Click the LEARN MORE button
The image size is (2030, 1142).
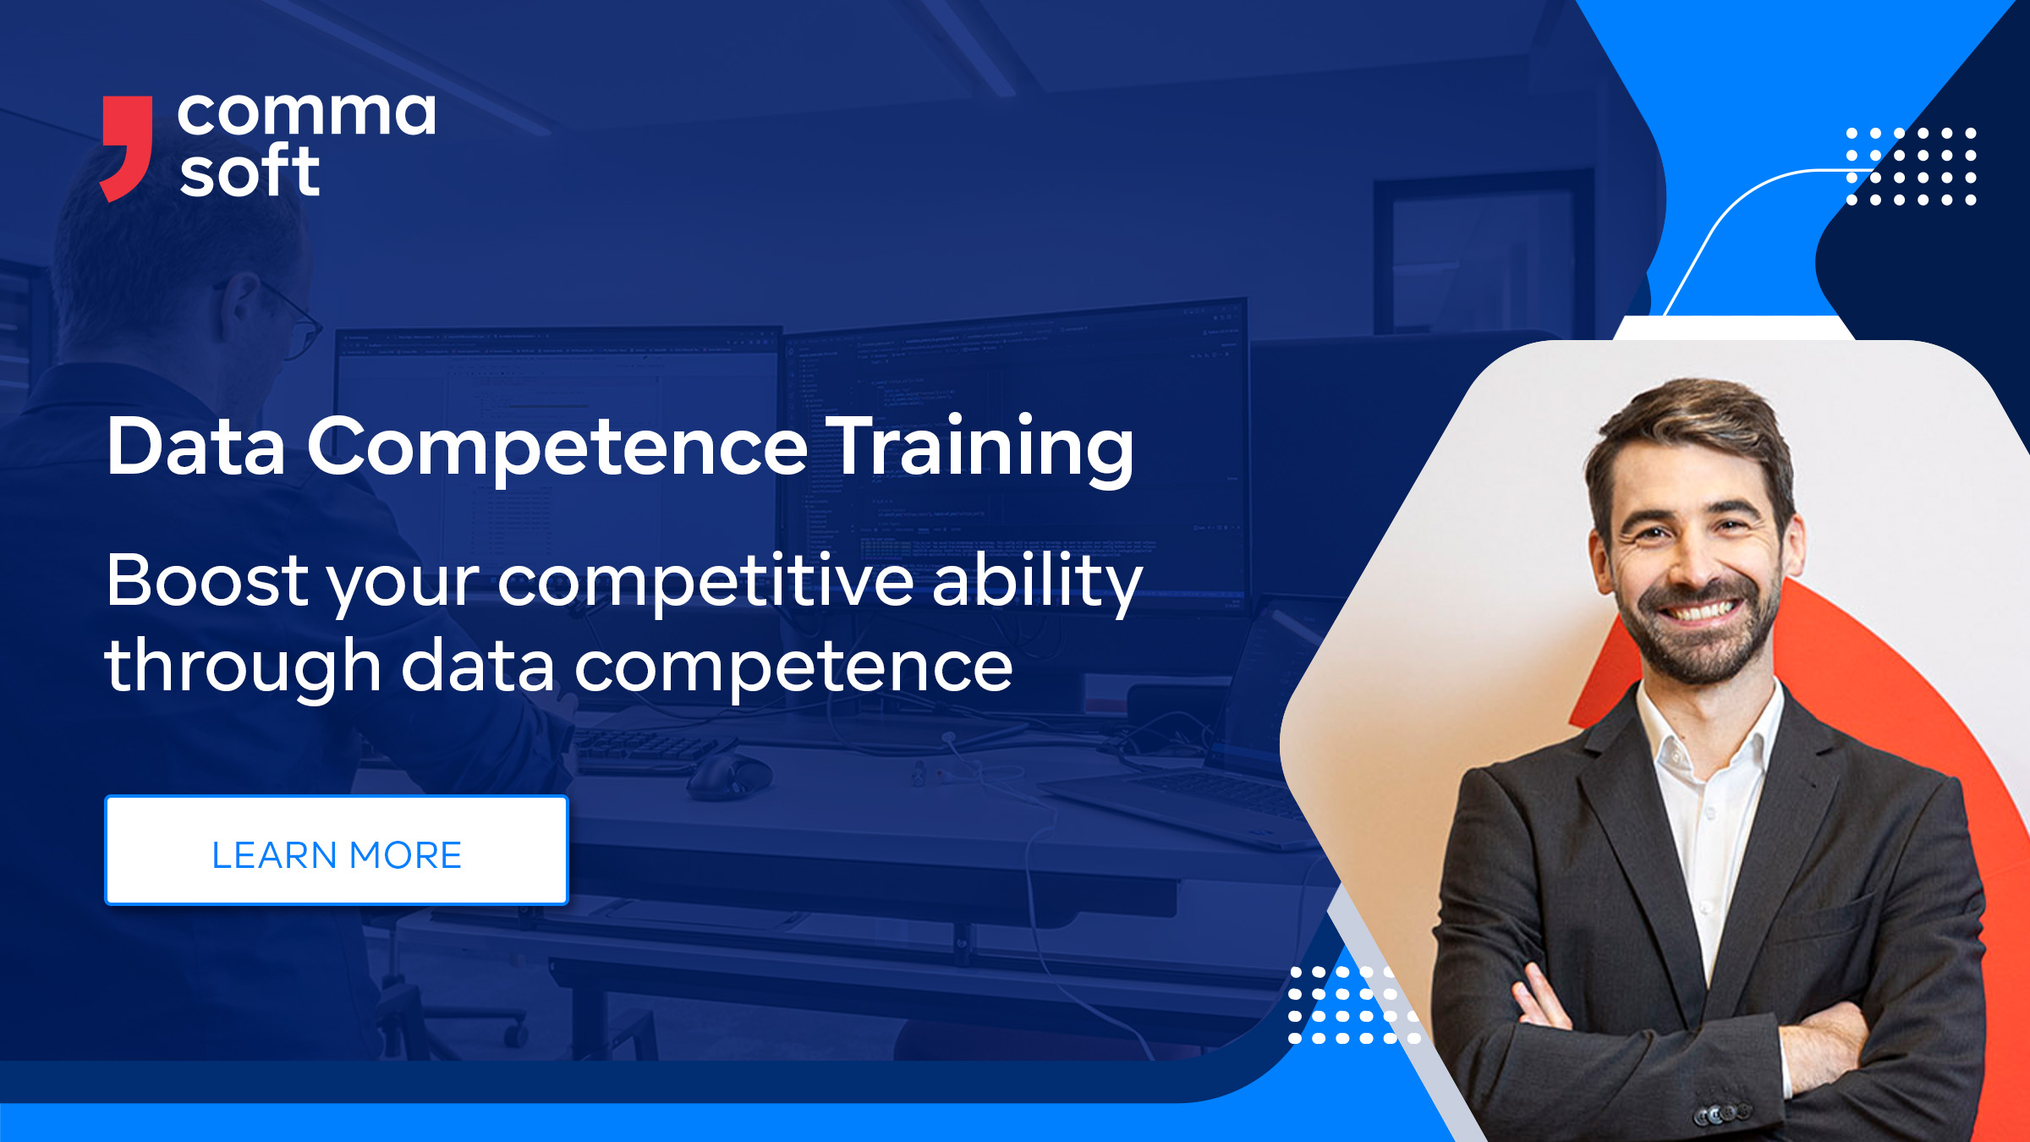[x=336, y=850]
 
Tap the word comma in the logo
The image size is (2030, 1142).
[x=306, y=114]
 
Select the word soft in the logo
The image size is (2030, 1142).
[x=250, y=172]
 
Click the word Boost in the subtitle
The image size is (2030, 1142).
[x=207, y=581]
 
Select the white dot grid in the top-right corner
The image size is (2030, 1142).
[x=1911, y=167]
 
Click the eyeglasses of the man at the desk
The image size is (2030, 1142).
[x=292, y=321]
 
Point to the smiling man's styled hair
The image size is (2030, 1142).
[x=1692, y=423]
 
